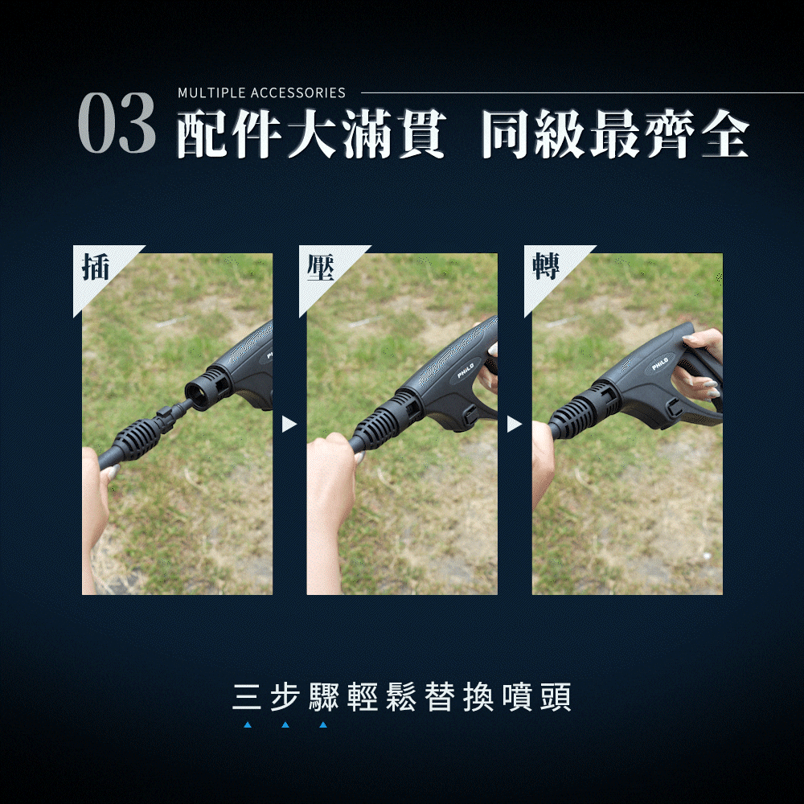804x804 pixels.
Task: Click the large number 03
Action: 117,123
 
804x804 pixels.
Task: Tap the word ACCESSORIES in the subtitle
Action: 298,92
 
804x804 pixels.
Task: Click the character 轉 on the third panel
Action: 546,266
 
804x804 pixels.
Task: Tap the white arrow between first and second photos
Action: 289,424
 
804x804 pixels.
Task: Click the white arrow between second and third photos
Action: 515,424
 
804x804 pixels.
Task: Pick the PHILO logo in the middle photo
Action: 466,370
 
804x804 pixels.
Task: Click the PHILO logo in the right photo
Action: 660,363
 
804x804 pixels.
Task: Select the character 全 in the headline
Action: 725,133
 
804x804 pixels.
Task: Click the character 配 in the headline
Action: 203,133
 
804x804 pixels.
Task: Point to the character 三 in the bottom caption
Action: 247,697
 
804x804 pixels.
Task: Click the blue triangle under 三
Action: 248,724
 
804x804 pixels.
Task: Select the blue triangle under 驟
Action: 323,724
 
